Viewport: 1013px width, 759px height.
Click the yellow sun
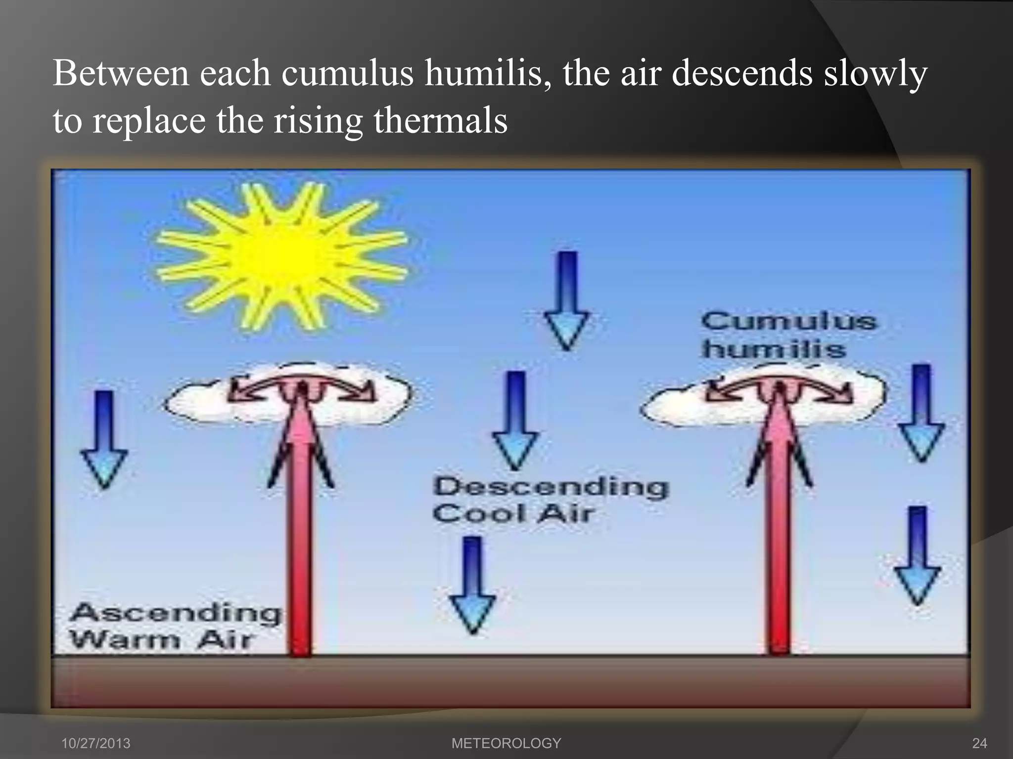click(282, 256)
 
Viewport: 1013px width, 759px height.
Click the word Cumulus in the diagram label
click(788, 322)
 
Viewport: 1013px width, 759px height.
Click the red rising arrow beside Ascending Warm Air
click(300, 544)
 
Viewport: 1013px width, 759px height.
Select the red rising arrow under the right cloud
click(779, 544)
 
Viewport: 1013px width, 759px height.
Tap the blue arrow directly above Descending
click(515, 420)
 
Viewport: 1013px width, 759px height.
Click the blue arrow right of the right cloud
click(921, 413)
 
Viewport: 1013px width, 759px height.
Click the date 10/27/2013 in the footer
click(95, 743)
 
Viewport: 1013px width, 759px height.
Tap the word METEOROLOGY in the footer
click(506, 743)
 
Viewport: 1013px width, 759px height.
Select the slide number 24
click(979, 743)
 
